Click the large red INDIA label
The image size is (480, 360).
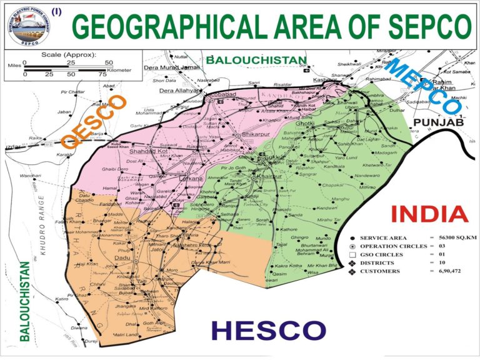click(x=430, y=214)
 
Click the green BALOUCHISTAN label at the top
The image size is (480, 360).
click(x=257, y=60)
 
